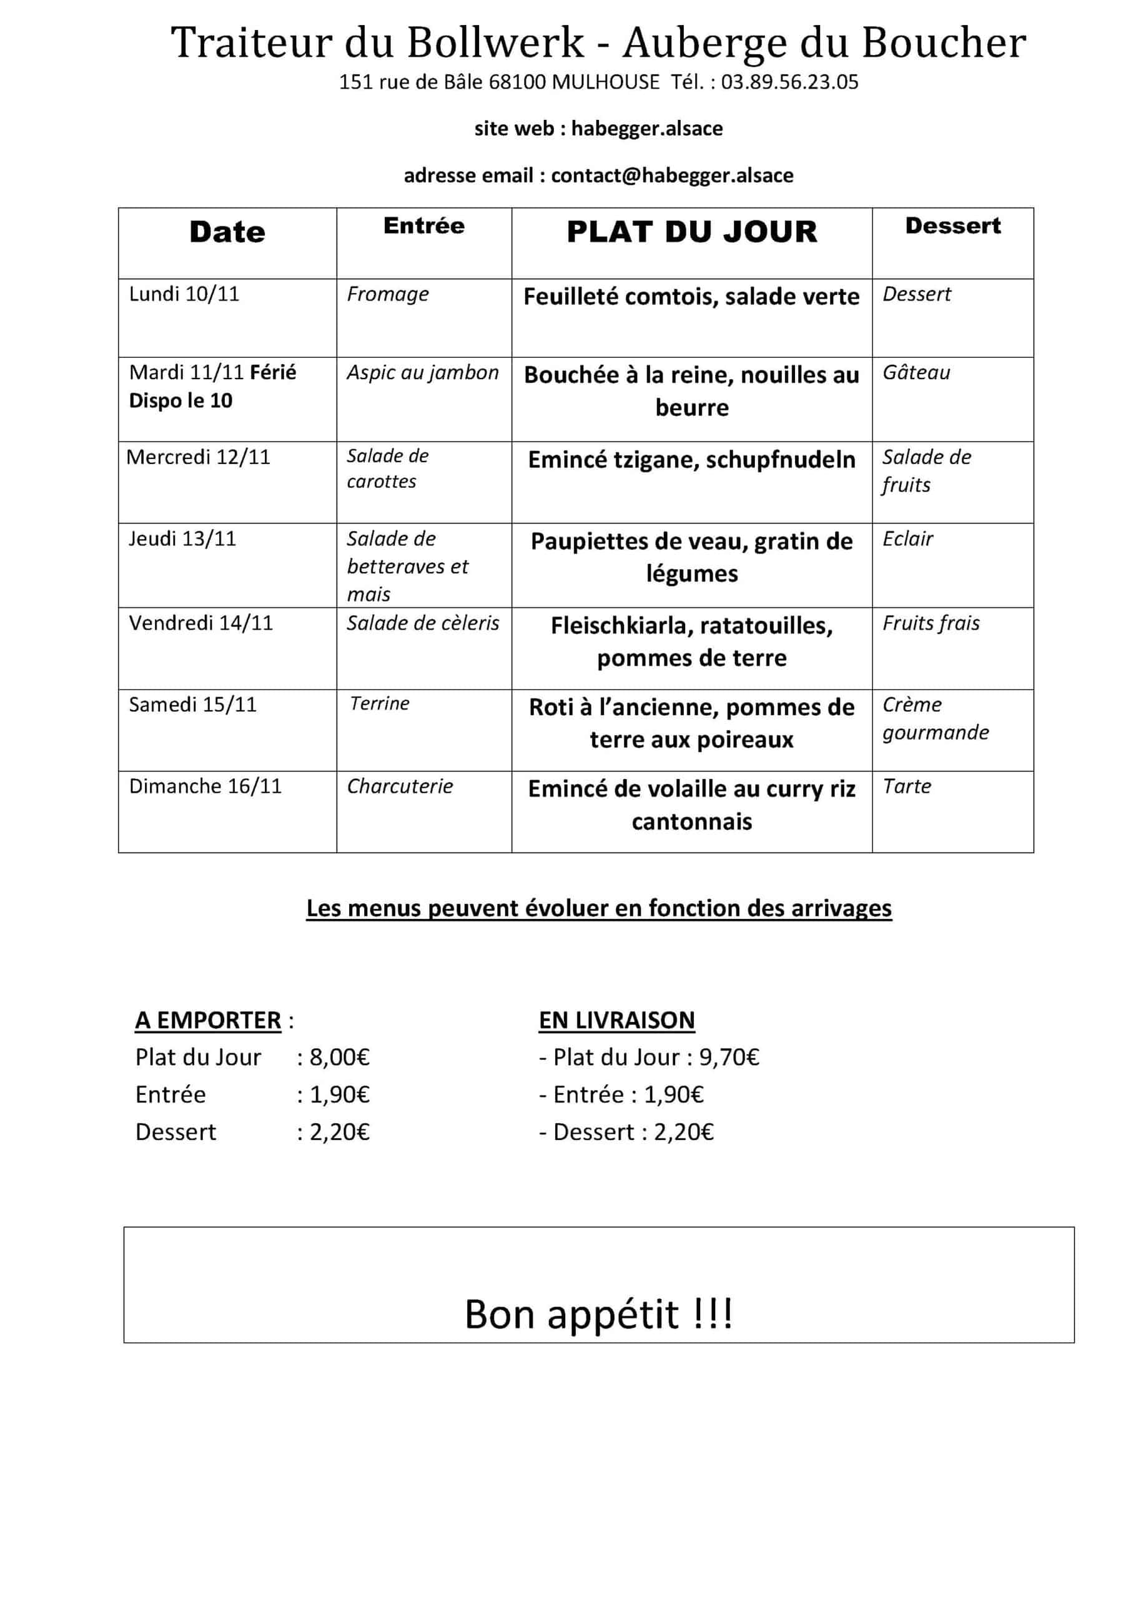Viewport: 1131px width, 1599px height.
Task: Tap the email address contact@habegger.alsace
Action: tap(671, 175)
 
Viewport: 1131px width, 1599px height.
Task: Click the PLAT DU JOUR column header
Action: tap(691, 232)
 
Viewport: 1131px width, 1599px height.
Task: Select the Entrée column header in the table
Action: tap(423, 225)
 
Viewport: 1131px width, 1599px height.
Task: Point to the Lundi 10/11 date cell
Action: tap(184, 294)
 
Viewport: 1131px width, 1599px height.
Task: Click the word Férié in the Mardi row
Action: tap(273, 373)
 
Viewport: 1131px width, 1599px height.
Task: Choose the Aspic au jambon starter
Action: tap(423, 373)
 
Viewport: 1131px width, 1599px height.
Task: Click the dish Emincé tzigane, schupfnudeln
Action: tap(691, 460)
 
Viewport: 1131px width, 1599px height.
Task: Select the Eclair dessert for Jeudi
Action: tap(907, 538)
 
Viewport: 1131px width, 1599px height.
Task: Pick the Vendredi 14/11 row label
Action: tap(200, 623)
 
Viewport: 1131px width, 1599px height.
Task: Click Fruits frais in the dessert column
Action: tap(931, 623)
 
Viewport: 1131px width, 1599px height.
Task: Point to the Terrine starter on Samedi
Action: tap(380, 703)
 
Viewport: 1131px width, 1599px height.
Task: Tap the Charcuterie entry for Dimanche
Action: tap(400, 786)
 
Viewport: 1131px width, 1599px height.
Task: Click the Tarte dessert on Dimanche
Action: tap(907, 786)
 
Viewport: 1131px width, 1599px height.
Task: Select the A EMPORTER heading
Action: tap(207, 1020)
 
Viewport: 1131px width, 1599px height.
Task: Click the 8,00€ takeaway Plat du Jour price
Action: tap(339, 1057)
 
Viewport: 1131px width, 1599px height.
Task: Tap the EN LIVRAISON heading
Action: tap(616, 1020)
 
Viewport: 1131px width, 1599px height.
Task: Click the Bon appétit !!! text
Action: tap(598, 1314)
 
